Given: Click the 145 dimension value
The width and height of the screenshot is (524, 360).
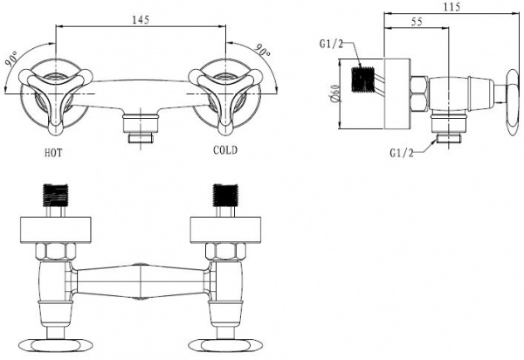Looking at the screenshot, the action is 141,20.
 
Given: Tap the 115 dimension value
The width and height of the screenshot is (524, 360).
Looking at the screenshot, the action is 452,7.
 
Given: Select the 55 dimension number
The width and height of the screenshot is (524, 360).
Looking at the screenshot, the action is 417,22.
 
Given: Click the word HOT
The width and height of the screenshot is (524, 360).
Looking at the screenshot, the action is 53,153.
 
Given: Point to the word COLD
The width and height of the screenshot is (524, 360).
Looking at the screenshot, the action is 225,150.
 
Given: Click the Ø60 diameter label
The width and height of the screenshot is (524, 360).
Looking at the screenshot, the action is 336,93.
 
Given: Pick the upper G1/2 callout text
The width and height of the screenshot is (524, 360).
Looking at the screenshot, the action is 331,44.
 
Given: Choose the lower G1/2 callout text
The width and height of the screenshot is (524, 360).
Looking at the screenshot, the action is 402,153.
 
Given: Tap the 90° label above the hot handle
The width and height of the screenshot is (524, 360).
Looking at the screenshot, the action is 12,59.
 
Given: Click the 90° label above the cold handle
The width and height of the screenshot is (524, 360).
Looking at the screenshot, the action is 263,50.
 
